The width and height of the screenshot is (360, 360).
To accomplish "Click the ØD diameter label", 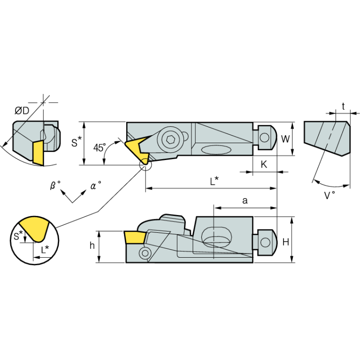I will (x=22, y=111).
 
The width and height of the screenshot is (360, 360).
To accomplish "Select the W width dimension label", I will (x=285, y=139).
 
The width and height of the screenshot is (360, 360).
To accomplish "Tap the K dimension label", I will (x=264, y=164).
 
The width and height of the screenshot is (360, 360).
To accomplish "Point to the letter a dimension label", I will (x=245, y=200).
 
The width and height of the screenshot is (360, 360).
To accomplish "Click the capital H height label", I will (x=285, y=242).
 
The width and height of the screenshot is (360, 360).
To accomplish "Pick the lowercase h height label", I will (x=92, y=245).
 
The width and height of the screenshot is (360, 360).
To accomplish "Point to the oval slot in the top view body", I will (x=216, y=150).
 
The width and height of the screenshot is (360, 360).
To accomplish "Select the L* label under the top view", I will (x=214, y=180).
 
